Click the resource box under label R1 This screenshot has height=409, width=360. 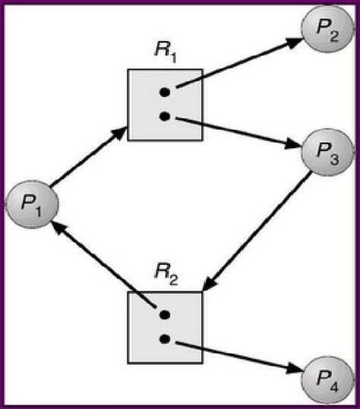click(x=165, y=105)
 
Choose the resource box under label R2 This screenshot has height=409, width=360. click(x=165, y=327)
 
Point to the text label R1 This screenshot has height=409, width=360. click(x=164, y=55)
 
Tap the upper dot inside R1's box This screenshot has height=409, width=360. click(x=164, y=93)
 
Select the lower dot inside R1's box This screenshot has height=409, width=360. click(x=164, y=117)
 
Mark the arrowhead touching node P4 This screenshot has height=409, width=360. click(x=294, y=370)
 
